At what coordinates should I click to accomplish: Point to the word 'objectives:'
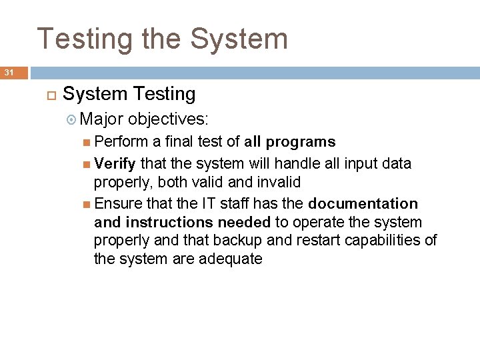(x=169, y=119)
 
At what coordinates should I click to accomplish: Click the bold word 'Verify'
(x=115, y=163)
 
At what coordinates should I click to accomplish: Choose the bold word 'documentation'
(x=363, y=203)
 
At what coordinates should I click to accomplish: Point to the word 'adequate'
(x=231, y=259)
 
